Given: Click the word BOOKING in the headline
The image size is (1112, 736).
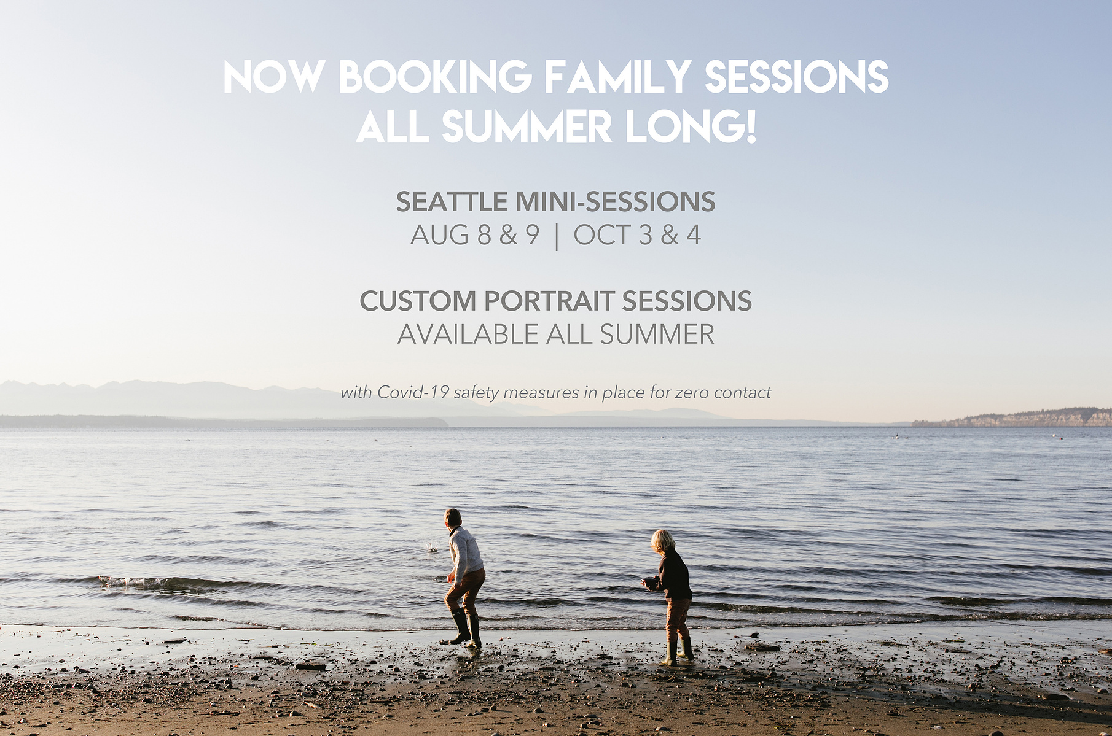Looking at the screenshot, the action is pyautogui.click(x=436, y=77).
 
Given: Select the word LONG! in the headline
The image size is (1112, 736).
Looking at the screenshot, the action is pyautogui.click(x=690, y=126).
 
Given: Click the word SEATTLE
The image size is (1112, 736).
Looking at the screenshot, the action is pyautogui.click(x=452, y=201).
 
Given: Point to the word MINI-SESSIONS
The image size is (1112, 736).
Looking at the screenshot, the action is pyautogui.click(x=615, y=201).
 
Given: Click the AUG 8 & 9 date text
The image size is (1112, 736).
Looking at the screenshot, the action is pyautogui.click(x=475, y=235).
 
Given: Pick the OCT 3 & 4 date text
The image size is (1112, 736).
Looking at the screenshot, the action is pyautogui.click(x=637, y=235).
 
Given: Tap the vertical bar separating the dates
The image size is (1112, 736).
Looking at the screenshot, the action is pyautogui.click(x=557, y=236).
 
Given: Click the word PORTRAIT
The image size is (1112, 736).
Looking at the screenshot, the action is pyautogui.click(x=549, y=301).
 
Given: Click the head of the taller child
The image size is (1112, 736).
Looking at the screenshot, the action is pyautogui.click(x=453, y=517).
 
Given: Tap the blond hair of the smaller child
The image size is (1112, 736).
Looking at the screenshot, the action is pyautogui.click(x=663, y=540).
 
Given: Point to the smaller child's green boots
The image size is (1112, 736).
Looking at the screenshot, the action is pyautogui.click(x=678, y=651).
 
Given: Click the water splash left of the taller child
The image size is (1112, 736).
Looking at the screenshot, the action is pyautogui.click(x=433, y=546).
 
